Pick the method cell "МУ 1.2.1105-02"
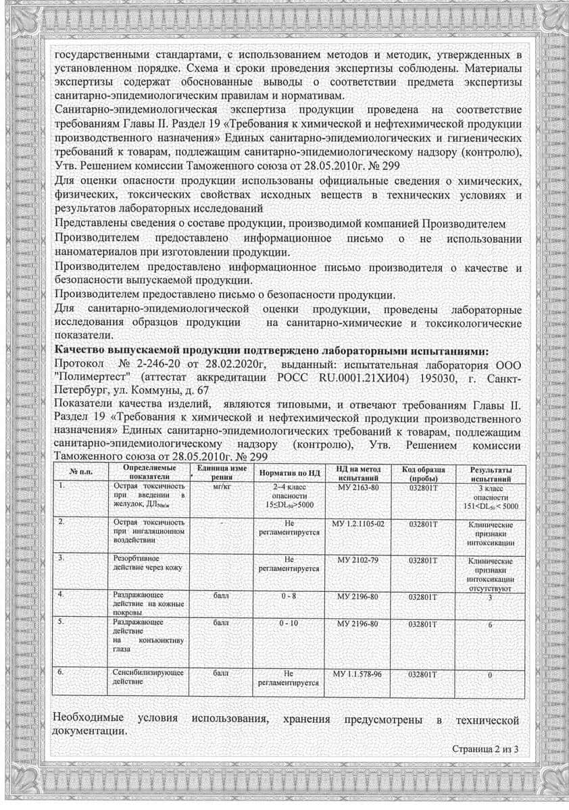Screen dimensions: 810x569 358,524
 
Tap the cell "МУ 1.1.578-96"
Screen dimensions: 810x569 357,674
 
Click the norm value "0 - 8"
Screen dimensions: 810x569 289,597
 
